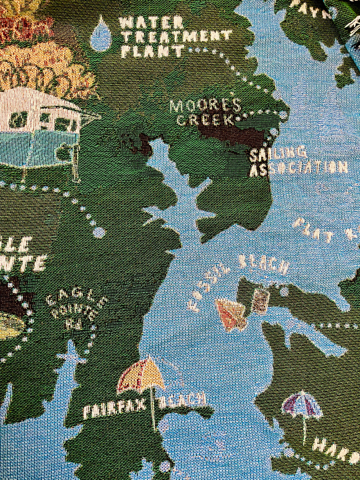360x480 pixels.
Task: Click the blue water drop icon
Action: click(x=100, y=35)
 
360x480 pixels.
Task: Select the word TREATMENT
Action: click(x=176, y=36)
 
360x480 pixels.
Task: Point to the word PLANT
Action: click(x=152, y=51)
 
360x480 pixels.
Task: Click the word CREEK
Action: click(x=206, y=120)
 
